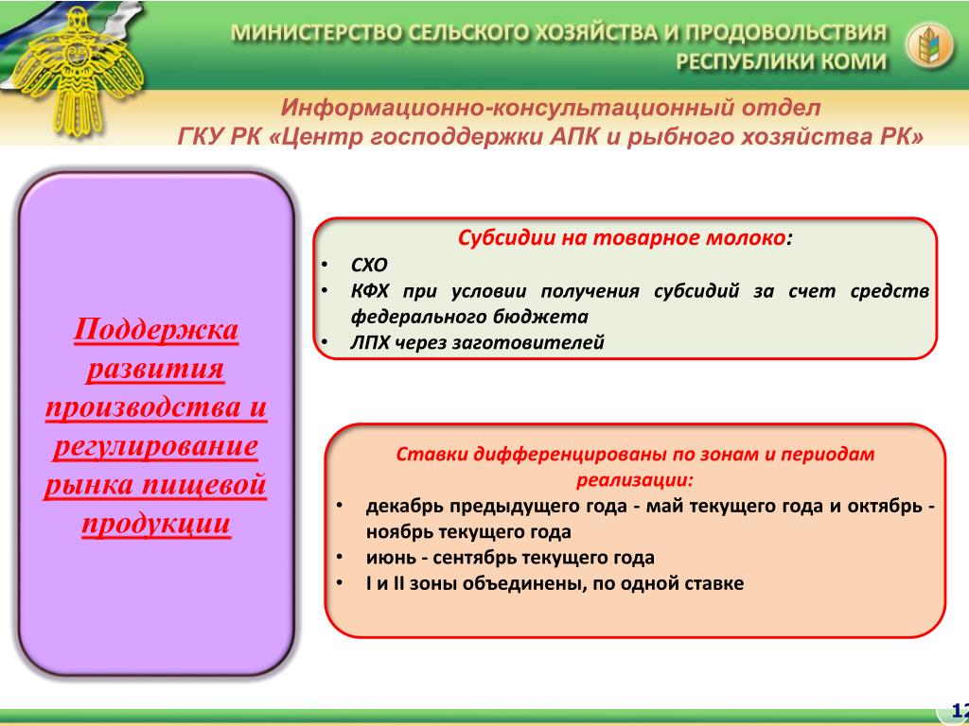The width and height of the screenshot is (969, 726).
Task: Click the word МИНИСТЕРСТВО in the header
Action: click(318, 33)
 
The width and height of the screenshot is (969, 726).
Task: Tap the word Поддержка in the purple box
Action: click(156, 330)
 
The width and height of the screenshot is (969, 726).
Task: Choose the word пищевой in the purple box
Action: click(204, 485)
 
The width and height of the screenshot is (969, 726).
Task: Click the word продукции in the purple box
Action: click(156, 524)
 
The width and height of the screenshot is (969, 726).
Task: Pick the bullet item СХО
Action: click(369, 266)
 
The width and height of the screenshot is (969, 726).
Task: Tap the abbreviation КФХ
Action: click(369, 291)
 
